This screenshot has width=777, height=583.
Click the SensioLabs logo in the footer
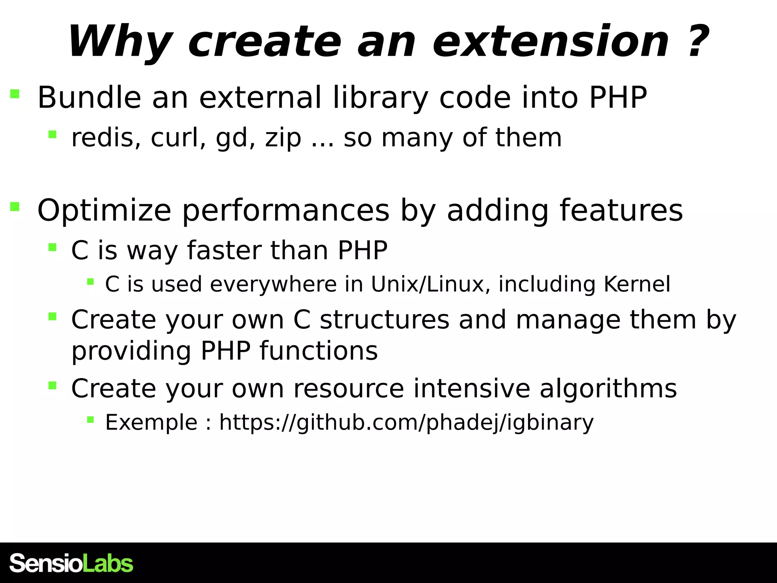pyautogui.click(x=71, y=563)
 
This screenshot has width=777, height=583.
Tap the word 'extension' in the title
pyautogui.click(x=550, y=42)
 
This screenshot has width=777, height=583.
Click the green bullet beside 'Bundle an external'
pyautogui.click(x=15, y=94)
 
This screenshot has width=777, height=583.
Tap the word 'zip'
pyautogui.click(x=283, y=138)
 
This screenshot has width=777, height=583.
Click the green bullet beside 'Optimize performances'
pyautogui.click(x=15, y=206)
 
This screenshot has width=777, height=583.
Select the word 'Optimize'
pyautogui.click(x=104, y=211)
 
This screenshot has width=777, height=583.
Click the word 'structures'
pyautogui.click(x=384, y=320)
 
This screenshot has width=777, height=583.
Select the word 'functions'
pyautogui.click(x=319, y=351)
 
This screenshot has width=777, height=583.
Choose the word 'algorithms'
pyautogui.click(x=608, y=389)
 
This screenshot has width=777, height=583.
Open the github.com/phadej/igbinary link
pyautogui.click(x=406, y=422)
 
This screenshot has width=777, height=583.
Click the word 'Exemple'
pyautogui.click(x=151, y=422)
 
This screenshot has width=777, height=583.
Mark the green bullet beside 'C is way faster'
pyautogui.click(x=52, y=247)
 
